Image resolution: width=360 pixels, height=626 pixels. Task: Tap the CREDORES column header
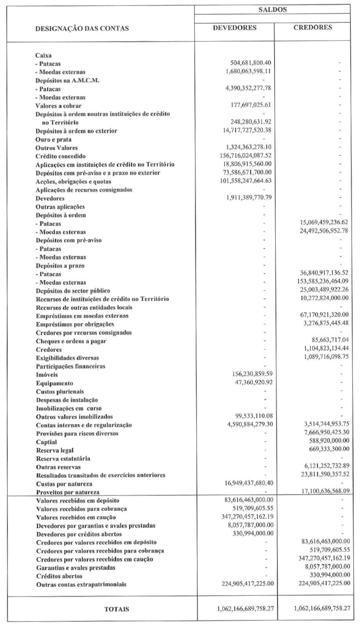point(313,27)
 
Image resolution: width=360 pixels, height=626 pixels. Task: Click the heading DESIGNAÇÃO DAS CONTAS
point(82,28)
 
